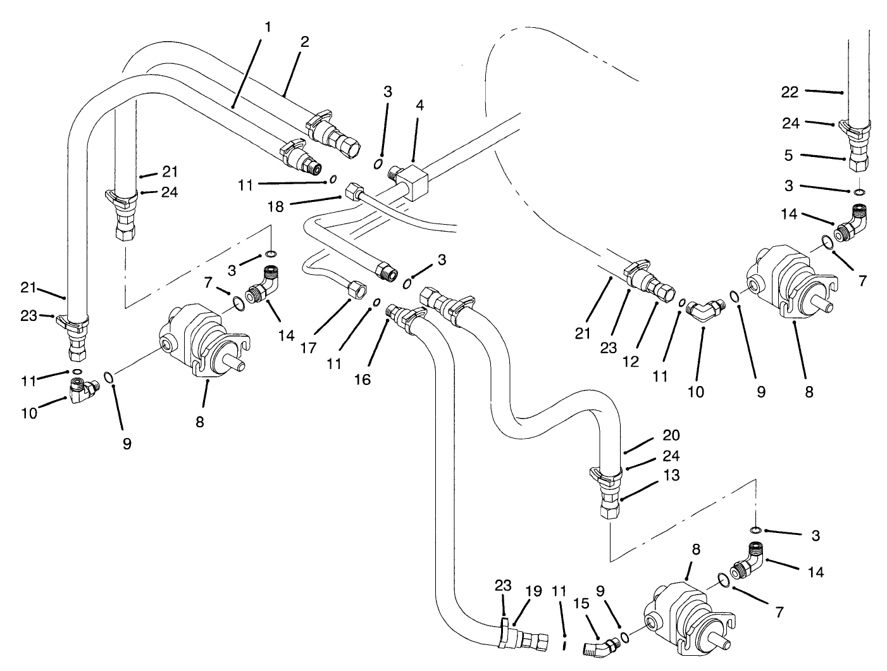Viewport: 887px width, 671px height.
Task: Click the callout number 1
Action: pos(268,27)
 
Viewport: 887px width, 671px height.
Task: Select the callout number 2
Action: pos(305,42)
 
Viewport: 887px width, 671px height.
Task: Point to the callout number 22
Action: pos(790,92)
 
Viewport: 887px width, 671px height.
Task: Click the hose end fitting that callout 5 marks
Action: pos(858,164)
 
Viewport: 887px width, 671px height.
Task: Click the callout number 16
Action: pos(363,379)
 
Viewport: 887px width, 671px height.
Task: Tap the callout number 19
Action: pos(533,591)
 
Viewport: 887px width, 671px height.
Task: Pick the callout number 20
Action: pos(671,435)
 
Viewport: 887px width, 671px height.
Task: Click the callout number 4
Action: pos(420,105)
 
